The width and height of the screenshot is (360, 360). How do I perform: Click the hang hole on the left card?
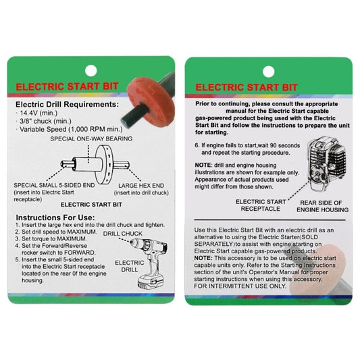point(92,70)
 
